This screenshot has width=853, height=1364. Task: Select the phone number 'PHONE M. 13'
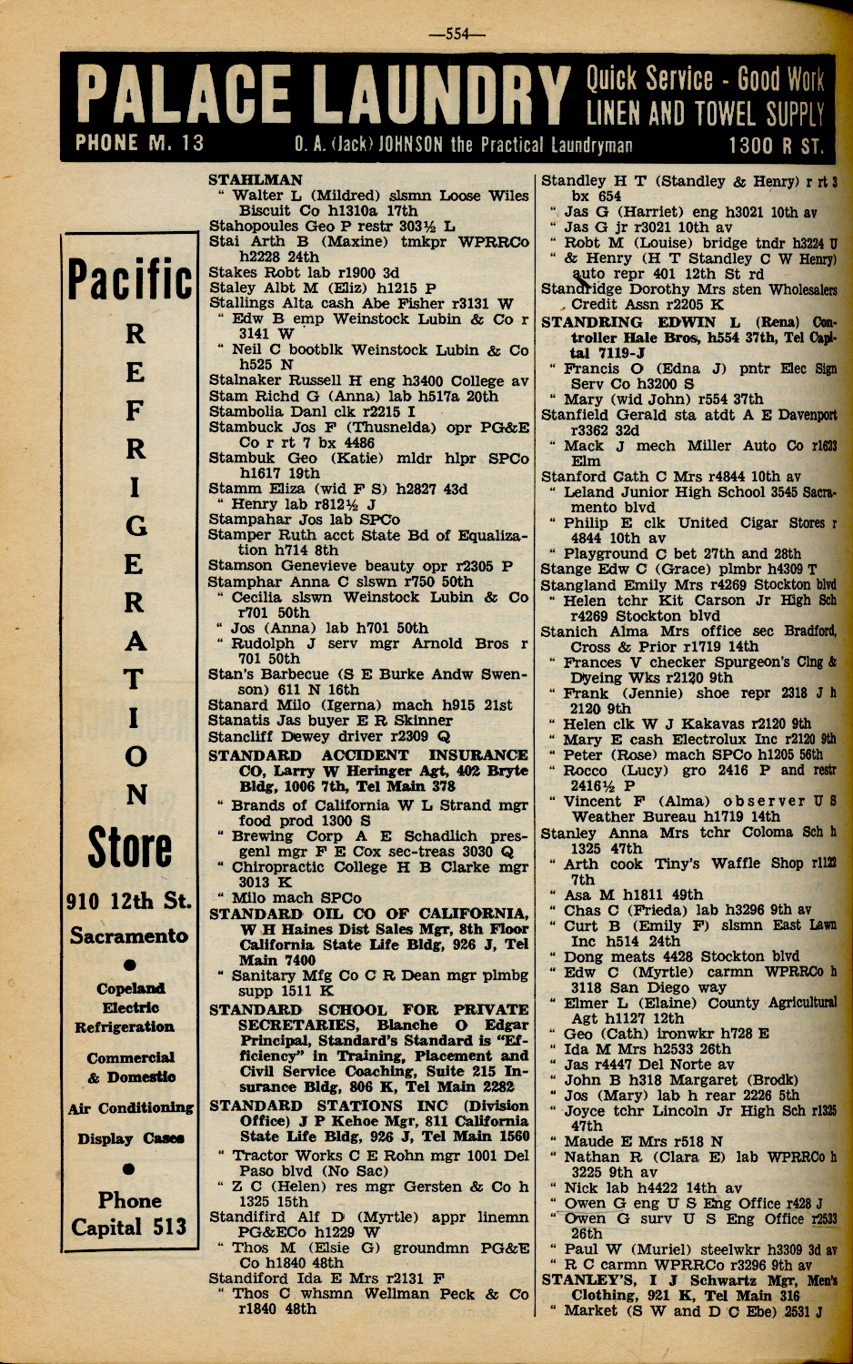[x=140, y=144]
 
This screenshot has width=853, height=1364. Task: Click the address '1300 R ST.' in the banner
[x=776, y=146]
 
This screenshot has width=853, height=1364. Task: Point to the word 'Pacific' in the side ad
[x=130, y=278]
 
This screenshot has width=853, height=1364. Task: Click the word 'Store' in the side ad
[x=129, y=847]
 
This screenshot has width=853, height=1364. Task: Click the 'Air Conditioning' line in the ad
[x=130, y=1108]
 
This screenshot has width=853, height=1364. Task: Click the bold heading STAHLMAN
[x=256, y=180]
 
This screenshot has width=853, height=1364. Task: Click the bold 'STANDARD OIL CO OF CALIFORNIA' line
[x=368, y=914]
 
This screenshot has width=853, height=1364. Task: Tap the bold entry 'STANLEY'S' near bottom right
[x=582, y=1280]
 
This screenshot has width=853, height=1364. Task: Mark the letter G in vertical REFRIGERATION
[x=135, y=526]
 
